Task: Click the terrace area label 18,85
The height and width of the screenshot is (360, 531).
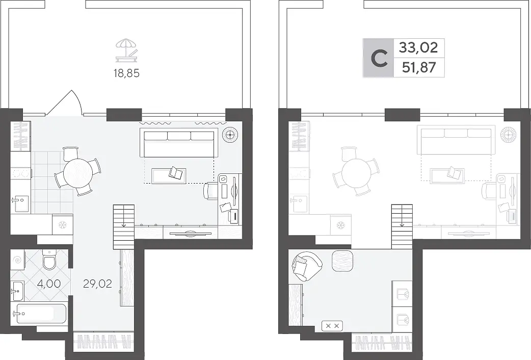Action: pos(127,73)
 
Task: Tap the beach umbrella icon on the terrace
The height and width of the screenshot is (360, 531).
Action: pos(127,50)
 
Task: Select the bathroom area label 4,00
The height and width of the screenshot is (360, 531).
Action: pos(49,284)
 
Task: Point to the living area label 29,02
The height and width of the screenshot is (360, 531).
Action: pos(97,284)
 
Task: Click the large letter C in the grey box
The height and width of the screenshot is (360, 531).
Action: pos(379,58)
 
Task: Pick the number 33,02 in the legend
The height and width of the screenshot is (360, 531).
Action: pos(418,47)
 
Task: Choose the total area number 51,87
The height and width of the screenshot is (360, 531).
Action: pos(419,68)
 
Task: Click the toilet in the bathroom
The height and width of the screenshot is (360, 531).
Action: pos(49,260)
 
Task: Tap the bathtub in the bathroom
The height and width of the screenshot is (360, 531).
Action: pos(39,314)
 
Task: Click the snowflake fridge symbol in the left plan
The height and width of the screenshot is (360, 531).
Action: pos(62,225)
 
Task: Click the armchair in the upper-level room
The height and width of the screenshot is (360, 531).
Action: pos(306,266)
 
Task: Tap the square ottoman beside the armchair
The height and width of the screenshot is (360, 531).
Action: pos(343,261)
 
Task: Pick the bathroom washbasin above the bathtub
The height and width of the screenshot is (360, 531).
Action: pos(17,291)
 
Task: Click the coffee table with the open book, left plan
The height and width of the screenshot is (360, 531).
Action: pos(169,175)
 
